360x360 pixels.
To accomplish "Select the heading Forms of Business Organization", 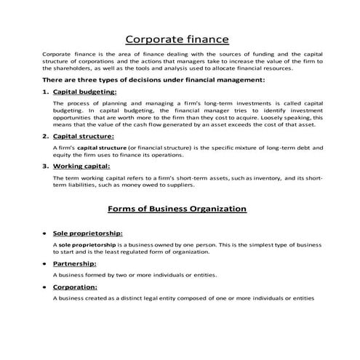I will tap(177, 209).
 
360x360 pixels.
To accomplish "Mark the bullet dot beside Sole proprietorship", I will tap(45, 234).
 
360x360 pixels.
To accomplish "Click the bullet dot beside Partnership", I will tap(45, 264).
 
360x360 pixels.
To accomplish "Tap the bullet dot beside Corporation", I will tap(45, 288).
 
